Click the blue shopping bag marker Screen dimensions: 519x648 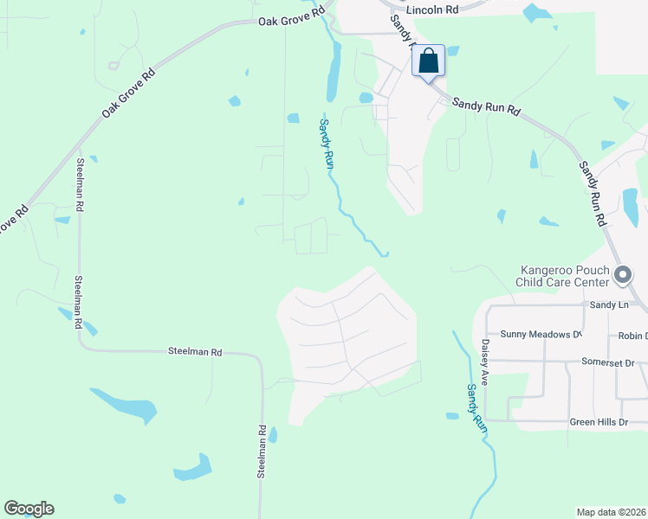(428, 62)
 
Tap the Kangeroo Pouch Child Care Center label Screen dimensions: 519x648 (562, 276)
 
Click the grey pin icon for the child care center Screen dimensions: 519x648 (622, 276)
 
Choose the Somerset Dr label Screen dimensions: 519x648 (609, 362)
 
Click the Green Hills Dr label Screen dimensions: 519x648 (598, 422)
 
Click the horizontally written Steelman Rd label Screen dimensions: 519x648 (195, 352)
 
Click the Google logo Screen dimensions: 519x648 (29, 509)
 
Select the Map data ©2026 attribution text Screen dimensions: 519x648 (612, 512)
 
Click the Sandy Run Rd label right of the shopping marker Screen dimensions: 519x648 (486, 106)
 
